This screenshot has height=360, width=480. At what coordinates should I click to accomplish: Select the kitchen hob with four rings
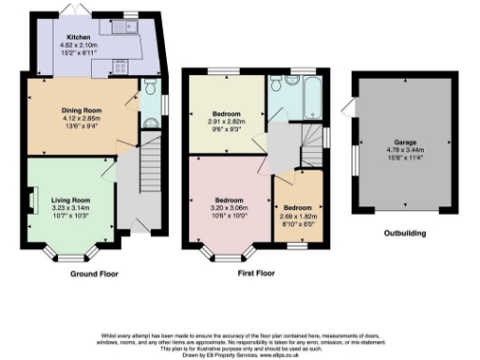pyautogui.click(x=123, y=67)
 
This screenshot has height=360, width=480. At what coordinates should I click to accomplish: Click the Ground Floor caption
pyautogui.click(x=95, y=274)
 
